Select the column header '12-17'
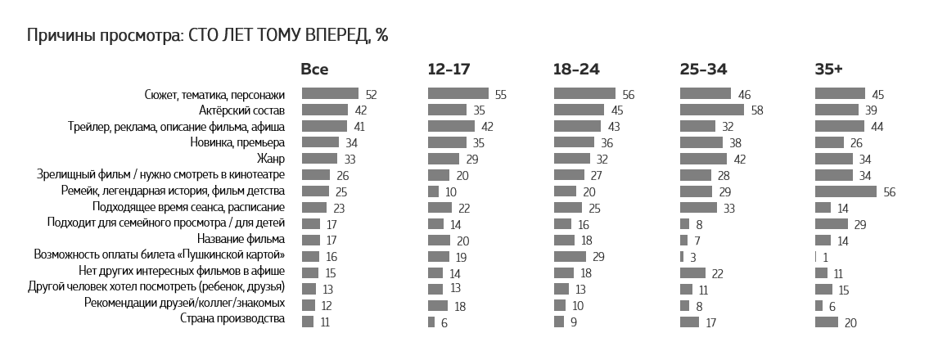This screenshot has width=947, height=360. pos(449,70)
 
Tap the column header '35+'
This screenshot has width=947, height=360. pos(828,70)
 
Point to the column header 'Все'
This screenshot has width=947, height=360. pos(314,70)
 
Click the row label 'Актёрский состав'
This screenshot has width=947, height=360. pos(241,110)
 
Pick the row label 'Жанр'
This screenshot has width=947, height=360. pos(271,158)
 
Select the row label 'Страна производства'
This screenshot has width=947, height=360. pos(232,319)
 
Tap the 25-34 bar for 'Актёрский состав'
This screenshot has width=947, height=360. pos(711,110)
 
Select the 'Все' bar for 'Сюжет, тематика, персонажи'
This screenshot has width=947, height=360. pos(330,94)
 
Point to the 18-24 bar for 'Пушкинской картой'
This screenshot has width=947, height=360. pos(570,255)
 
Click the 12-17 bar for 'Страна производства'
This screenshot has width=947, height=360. pos(431,322)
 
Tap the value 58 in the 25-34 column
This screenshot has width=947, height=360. pos(756,110)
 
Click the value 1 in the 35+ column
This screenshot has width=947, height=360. pos(827,256)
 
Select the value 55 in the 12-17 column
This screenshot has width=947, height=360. pos(501,95)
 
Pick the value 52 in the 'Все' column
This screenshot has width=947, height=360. pos(371,95)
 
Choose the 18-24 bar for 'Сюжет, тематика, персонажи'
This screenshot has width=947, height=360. pos(584,94)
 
